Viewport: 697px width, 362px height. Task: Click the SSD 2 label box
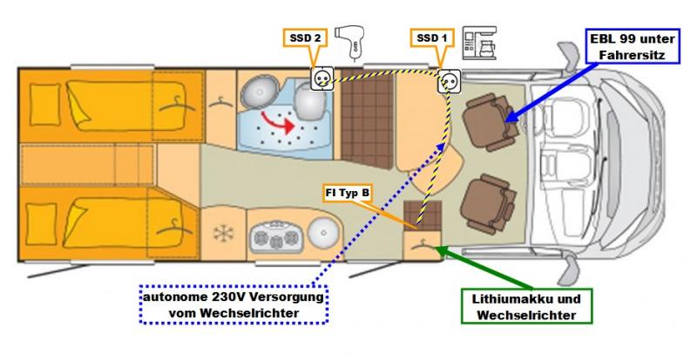pos(306,38)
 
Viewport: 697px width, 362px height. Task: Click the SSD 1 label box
pos(432,38)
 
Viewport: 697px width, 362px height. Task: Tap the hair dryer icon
pos(352,38)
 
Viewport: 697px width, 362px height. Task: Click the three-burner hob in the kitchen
pos(269,237)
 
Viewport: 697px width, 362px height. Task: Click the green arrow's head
pos(438,249)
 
